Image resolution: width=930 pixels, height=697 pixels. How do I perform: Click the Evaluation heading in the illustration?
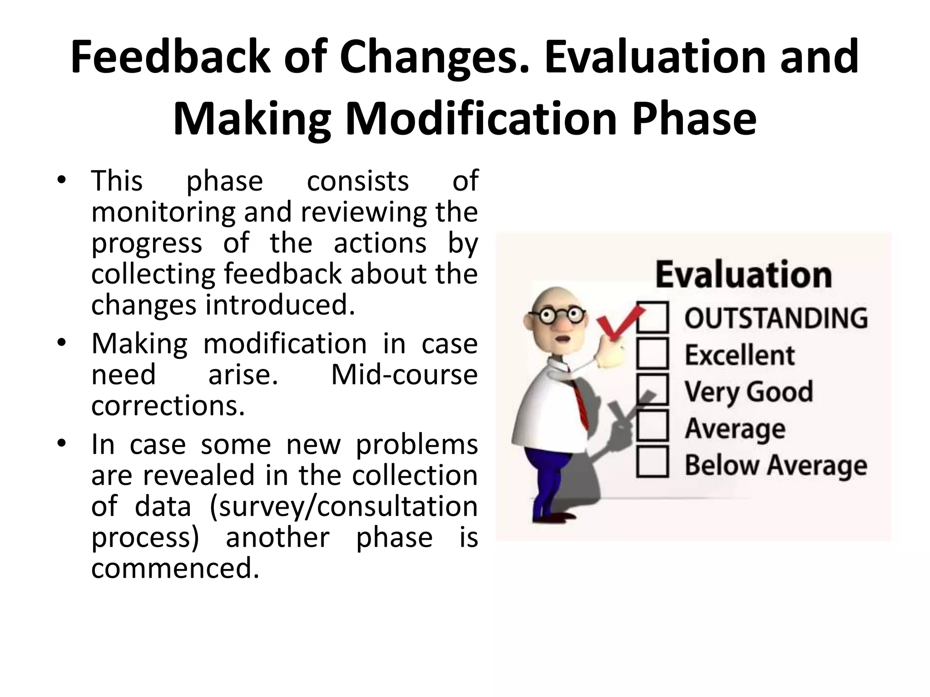pos(743,275)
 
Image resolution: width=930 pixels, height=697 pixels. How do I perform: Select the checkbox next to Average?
pos(653,426)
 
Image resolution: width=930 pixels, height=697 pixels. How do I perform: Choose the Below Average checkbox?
pos(653,461)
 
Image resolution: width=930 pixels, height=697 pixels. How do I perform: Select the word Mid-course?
pos(404,375)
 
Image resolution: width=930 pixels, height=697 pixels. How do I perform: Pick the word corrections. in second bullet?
pos(168,406)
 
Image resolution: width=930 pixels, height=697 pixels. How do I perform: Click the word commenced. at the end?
pos(175,568)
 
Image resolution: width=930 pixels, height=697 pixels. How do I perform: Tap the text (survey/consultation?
pos(343,507)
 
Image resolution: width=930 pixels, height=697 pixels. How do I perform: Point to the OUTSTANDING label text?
pos(776,318)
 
